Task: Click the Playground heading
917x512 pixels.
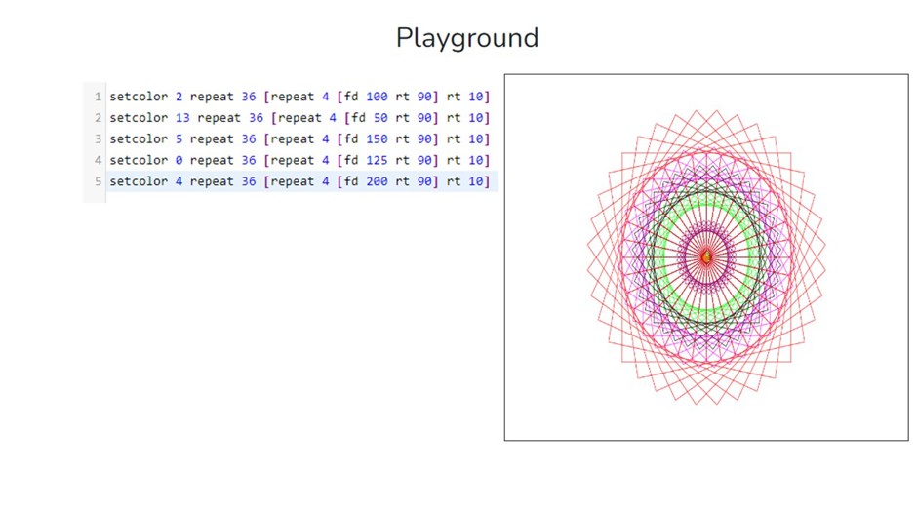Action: coord(466,38)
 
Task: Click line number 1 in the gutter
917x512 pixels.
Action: coord(98,97)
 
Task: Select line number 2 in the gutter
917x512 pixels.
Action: coord(98,118)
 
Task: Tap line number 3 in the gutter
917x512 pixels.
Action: coord(98,139)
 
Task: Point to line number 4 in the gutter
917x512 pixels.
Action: coord(98,160)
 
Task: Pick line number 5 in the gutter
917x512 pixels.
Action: coord(98,181)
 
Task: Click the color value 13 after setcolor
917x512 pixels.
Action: coord(182,118)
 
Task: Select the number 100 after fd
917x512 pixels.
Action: coord(377,97)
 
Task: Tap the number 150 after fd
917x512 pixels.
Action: coord(377,139)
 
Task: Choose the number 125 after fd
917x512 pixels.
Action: coord(377,160)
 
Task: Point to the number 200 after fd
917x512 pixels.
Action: coord(377,181)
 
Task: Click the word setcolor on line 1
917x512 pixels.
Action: coord(139,97)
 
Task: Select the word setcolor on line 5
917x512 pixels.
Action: coord(139,181)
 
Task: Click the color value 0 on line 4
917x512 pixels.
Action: coord(179,160)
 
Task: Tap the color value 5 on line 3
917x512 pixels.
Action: coord(179,139)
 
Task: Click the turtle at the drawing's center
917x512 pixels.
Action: coord(706,256)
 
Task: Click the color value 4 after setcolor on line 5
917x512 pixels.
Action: coord(179,181)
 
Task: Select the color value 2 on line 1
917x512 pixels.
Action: coord(179,97)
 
